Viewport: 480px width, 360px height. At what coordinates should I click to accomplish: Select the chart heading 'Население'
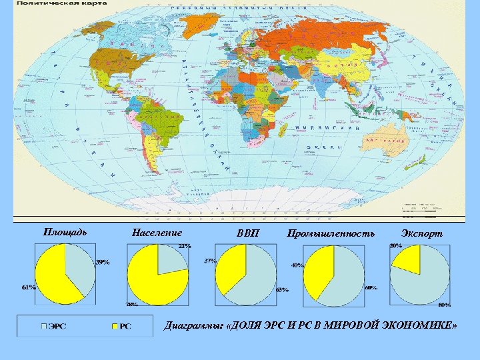tap(157, 233)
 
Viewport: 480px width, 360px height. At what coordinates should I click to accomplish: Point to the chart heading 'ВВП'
tap(247, 233)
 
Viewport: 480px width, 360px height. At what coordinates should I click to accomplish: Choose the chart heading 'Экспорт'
tap(422, 233)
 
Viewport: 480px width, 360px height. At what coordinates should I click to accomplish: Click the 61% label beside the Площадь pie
tap(29, 288)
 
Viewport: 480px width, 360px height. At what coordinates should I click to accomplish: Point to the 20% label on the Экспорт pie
tap(395, 247)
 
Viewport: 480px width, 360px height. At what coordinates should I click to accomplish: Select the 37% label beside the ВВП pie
tap(210, 261)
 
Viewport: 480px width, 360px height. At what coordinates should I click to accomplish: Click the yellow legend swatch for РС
tap(115, 326)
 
